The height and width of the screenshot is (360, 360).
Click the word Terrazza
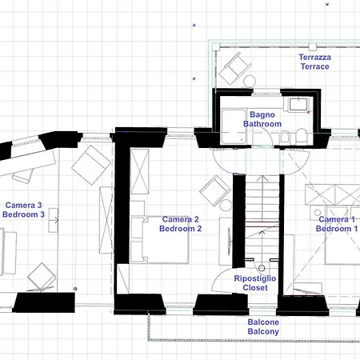(315, 57)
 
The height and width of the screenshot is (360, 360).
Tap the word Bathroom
(262, 124)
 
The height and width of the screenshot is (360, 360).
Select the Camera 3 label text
(23, 205)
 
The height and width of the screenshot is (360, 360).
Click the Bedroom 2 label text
(180, 229)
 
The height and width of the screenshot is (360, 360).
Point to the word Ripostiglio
(255, 278)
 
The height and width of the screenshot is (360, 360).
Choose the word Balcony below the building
(263, 331)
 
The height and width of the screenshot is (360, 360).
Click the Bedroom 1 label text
(337, 229)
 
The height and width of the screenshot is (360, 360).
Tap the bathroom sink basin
(298, 104)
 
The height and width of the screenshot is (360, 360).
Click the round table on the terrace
(250, 81)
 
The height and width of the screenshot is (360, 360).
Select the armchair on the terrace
(235, 69)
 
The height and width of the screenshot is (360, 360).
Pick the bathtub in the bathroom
(234, 127)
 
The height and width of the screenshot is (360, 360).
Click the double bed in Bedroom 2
(166, 240)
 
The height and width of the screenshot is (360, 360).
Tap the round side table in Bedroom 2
(226, 205)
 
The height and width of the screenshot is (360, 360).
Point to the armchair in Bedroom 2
(215, 190)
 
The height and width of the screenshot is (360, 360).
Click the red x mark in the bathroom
(309, 112)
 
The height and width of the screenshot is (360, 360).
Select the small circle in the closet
(262, 268)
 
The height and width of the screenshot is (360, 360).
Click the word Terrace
(315, 66)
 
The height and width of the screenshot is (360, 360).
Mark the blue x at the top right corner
(327, 4)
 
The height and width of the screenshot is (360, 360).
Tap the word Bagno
(262, 114)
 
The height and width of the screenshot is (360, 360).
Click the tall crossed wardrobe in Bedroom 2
(139, 171)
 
